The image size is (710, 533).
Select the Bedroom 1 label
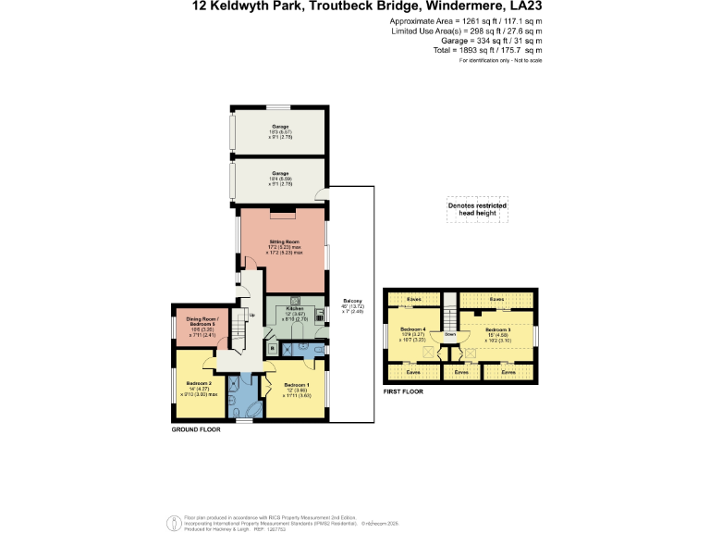tap(297, 384)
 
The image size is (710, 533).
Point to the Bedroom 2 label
tap(199, 383)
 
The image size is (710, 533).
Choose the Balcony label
tap(352, 301)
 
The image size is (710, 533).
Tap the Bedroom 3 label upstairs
tap(497, 329)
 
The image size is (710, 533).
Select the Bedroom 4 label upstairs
tap(412, 329)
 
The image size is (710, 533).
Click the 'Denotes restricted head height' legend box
tap(478, 209)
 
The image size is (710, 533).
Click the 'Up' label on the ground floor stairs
tap(251, 314)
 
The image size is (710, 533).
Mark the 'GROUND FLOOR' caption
tap(196, 430)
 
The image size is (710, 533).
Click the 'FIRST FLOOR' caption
tap(403, 392)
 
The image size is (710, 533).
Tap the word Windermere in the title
tap(462, 7)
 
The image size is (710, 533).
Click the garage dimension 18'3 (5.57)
tap(280, 131)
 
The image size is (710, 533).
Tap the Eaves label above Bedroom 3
tap(497, 299)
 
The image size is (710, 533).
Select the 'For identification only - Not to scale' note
tap(500, 59)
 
